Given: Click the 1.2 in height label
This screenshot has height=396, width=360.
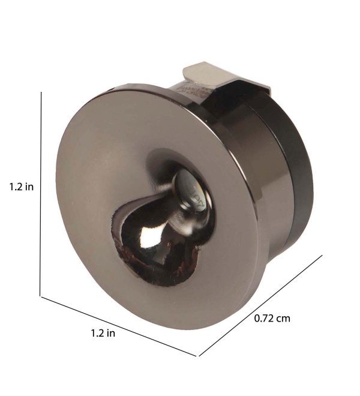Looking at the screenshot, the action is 22,187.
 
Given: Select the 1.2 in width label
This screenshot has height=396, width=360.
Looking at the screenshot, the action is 103,333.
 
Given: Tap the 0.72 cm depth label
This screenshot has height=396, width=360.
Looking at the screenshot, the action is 272,318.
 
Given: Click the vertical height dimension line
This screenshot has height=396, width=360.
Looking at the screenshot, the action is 40,194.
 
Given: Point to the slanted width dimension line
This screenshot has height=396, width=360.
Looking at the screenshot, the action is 119,326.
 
